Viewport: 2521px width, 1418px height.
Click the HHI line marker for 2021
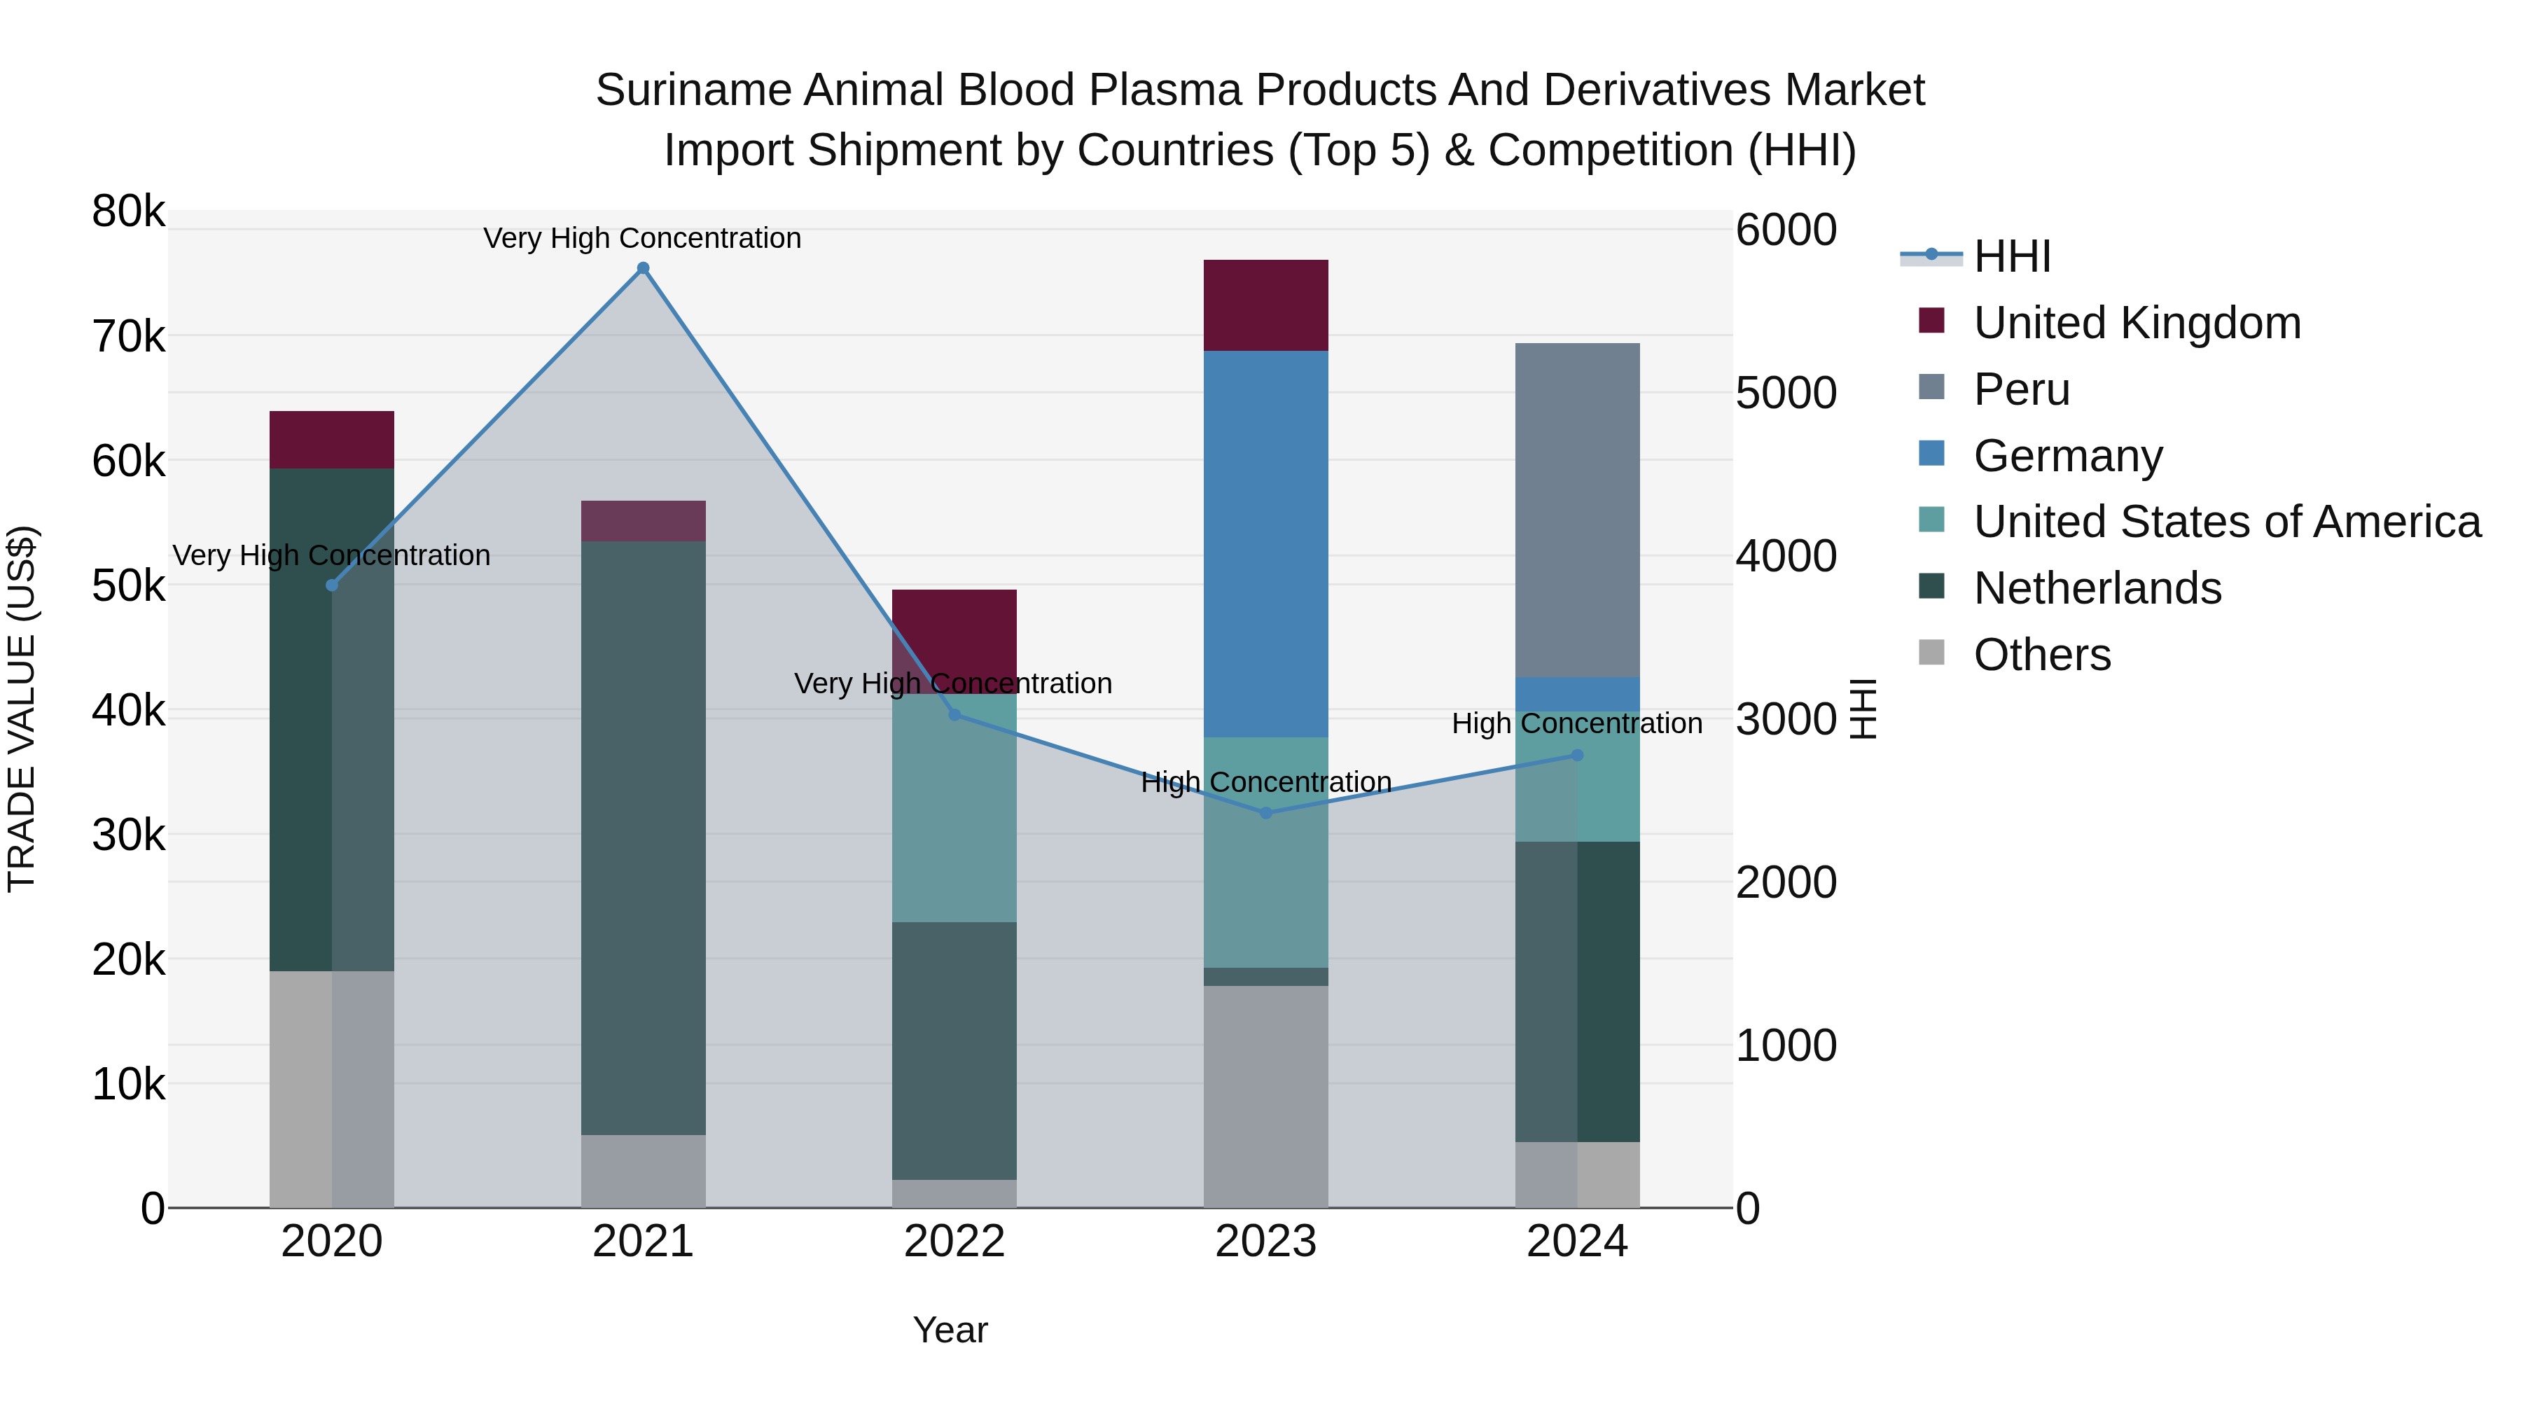coord(643,268)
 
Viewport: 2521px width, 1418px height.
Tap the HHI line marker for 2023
coord(1265,813)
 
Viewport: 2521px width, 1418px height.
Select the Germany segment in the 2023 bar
coord(1265,543)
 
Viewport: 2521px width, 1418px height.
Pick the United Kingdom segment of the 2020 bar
coord(332,439)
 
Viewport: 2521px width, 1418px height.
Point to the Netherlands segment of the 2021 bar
coord(643,837)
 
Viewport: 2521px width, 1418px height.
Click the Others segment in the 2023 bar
coord(1265,1096)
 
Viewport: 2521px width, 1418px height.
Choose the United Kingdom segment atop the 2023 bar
coord(1265,305)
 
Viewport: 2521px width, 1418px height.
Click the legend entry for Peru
coord(2021,389)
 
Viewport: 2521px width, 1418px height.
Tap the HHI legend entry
coord(2011,256)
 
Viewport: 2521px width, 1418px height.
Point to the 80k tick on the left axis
coord(128,211)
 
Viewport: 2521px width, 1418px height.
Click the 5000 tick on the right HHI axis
coord(1786,394)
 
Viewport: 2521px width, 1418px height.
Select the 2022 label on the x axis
coord(954,1242)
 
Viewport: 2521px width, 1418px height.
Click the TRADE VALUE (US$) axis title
coord(22,709)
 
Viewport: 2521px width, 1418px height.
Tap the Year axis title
coord(950,1330)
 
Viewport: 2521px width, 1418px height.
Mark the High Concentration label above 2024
coord(1576,723)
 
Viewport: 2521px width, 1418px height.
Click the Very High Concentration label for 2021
coord(642,238)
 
